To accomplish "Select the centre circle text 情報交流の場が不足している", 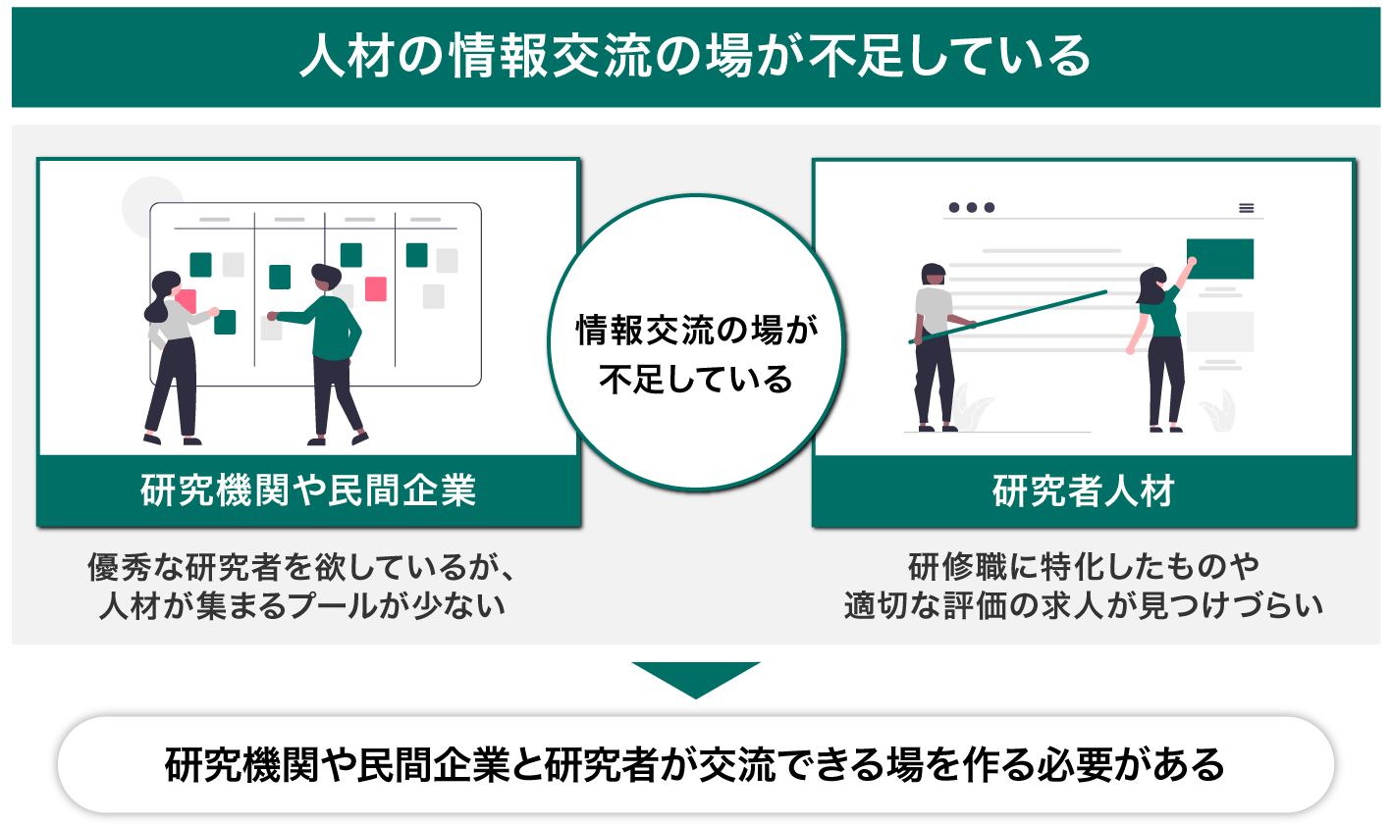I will [x=696, y=354].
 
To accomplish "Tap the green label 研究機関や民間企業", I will [x=308, y=490].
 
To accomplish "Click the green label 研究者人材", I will [x=1084, y=490].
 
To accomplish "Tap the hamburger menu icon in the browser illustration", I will [x=1246, y=208].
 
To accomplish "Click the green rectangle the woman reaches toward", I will [x=1220, y=259].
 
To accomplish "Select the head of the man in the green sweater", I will [x=325, y=278].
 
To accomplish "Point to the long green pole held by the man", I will [x=1011, y=316].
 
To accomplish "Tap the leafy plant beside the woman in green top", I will [x=1221, y=410].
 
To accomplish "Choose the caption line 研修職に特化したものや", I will [x=1084, y=567].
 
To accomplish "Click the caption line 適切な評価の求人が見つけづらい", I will [x=1084, y=605].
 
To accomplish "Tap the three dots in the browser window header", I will [x=971, y=208].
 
